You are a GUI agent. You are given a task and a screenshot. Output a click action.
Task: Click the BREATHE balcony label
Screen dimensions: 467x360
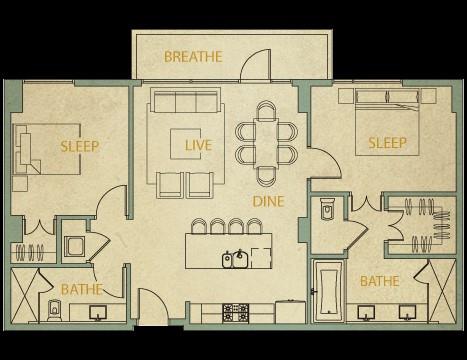pyautogui.click(x=193, y=57)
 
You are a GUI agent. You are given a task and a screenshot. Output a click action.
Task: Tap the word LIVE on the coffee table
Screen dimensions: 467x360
pyautogui.click(x=198, y=145)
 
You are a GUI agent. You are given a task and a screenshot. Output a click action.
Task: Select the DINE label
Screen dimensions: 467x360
pyautogui.click(x=268, y=201)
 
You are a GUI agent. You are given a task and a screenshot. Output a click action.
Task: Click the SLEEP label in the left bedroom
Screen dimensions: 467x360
pyautogui.click(x=80, y=146)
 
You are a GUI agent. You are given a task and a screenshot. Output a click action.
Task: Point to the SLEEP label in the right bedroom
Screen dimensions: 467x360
pyautogui.click(x=387, y=143)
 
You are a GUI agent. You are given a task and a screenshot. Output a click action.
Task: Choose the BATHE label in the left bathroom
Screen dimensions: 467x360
pyautogui.click(x=82, y=289)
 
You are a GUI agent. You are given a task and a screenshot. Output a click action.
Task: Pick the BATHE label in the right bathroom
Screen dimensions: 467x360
pyautogui.click(x=380, y=281)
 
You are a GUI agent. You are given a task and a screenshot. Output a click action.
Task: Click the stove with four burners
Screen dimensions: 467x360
pyautogui.click(x=236, y=313)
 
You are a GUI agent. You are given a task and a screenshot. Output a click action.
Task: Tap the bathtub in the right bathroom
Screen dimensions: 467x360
pyautogui.click(x=328, y=292)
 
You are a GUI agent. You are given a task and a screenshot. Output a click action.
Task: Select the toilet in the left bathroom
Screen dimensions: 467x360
pyautogui.click(x=54, y=310)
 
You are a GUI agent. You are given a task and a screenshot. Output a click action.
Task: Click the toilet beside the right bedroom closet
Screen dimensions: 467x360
pyautogui.click(x=327, y=208)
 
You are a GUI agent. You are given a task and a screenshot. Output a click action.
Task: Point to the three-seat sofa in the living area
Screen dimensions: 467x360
pyautogui.click(x=186, y=100)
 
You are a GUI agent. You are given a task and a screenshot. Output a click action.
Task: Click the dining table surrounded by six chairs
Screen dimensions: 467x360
pyautogui.click(x=266, y=143)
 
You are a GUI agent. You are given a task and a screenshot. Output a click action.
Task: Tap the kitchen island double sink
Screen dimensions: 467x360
pyautogui.click(x=233, y=259)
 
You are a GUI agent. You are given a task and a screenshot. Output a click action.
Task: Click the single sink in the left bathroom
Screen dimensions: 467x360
pyautogui.click(x=98, y=313)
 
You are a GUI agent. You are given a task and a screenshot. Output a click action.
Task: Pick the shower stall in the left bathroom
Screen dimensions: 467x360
pyautogui.click(x=25, y=295)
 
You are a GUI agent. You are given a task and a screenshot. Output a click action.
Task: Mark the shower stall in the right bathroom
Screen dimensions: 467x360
pyautogui.click(x=442, y=291)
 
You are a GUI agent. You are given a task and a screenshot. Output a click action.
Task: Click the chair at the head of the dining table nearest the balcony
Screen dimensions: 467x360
pyautogui.click(x=266, y=110)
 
